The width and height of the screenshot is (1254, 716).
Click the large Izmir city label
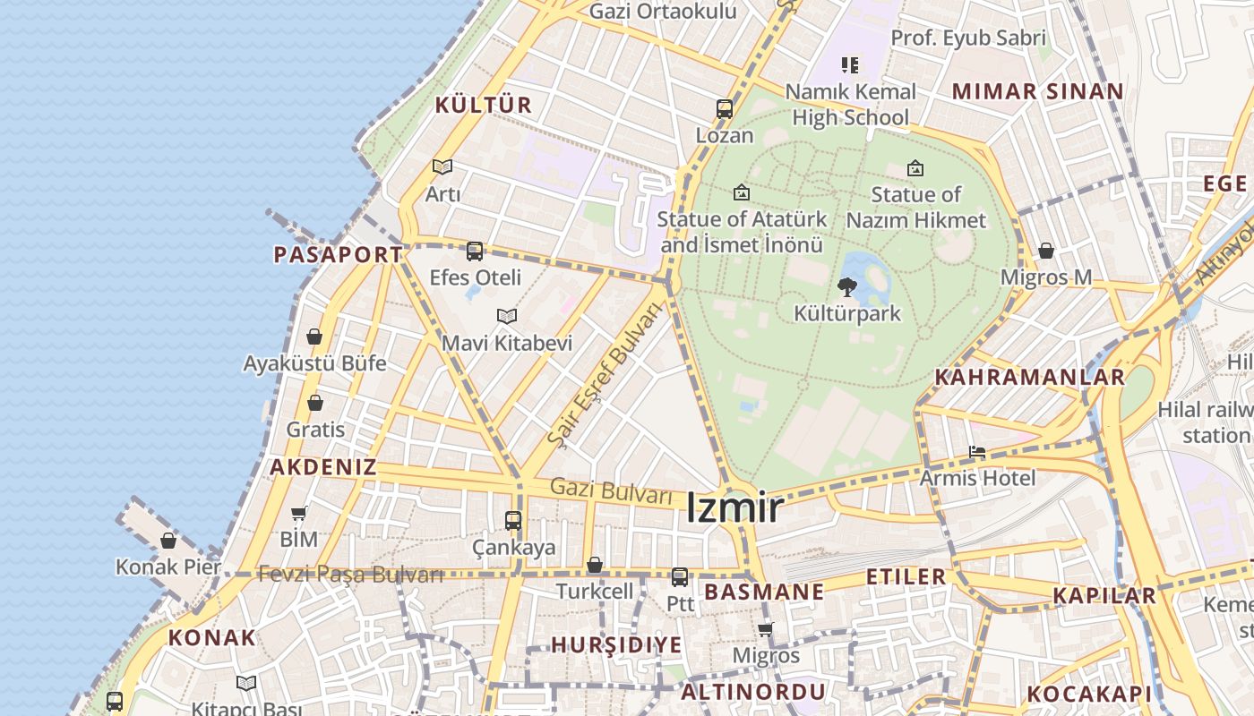[x=734, y=508]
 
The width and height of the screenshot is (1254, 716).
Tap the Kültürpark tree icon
[x=846, y=287]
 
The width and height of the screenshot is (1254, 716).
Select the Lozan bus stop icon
[x=725, y=109]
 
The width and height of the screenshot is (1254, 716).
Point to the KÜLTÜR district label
[x=484, y=105]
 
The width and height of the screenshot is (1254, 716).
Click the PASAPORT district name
[x=338, y=254]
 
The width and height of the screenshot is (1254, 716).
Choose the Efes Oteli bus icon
[x=475, y=251]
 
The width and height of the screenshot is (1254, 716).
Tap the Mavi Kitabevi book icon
[x=507, y=316]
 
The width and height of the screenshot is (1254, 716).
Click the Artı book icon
[x=442, y=166]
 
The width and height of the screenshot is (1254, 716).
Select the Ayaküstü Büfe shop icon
[x=314, y=337]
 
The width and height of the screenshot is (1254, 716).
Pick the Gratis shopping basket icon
[x=314, y=403]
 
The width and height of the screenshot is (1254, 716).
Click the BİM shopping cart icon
[x=299, y=513]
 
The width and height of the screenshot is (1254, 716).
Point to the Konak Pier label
[x=168, y=567]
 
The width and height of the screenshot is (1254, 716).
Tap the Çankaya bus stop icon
[x=513, y=520]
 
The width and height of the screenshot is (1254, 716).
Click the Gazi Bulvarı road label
[x=611, y=490]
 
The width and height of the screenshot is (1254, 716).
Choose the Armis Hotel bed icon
[x=977, y=452]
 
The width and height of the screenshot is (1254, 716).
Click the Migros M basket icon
[x=1046, y=251]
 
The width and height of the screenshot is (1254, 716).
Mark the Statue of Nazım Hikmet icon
[x=915, y=167]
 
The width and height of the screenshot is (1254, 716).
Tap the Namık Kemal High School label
[x=850, y=104]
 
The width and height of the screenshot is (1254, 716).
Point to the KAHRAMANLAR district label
[x=1029, y=377]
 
